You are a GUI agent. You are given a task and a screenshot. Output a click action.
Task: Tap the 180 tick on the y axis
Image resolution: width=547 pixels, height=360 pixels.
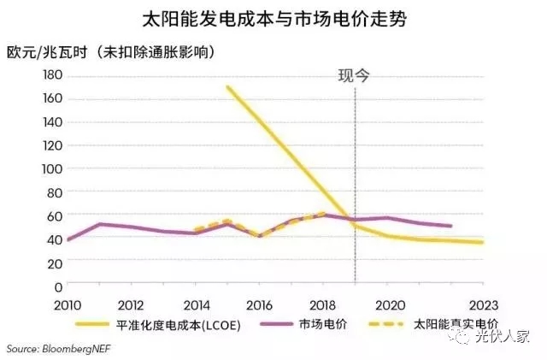[53, 75]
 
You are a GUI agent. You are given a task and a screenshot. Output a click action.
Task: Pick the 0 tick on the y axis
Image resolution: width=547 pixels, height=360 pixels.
[59, 286]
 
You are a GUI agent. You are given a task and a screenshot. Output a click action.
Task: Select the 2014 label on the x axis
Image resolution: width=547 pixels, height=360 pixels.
[197, 304]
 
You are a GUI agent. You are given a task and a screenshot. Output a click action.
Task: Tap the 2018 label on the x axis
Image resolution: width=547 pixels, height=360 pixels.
[324, 304]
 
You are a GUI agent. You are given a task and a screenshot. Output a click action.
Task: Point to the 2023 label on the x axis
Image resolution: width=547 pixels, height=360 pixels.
[484, 304]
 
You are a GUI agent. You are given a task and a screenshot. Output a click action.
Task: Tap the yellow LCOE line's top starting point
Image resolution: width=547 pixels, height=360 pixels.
[227, 86]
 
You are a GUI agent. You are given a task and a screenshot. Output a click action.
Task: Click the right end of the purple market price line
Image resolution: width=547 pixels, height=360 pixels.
[451, 226]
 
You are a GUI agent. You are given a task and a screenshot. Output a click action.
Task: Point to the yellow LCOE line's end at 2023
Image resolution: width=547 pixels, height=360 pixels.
[483, 243]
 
